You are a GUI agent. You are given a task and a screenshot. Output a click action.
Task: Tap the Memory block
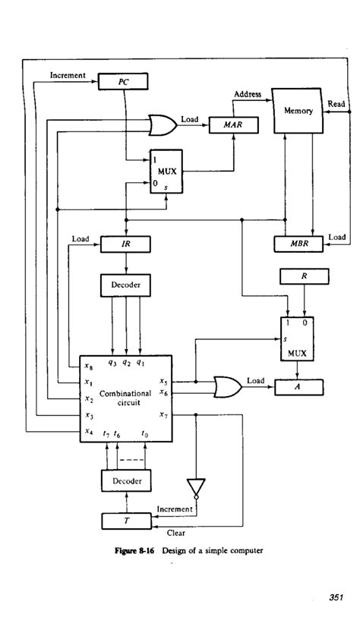[x=298, y=111]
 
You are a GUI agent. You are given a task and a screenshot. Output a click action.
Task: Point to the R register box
[x=303, y=278]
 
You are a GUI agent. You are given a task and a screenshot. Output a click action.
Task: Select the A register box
[x=298, y=387]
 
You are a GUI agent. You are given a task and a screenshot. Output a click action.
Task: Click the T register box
[x=125, y=521]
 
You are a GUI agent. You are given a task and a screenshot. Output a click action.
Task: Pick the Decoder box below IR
[x=125, y=285]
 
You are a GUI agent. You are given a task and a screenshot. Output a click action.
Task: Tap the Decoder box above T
[x=125, y=480]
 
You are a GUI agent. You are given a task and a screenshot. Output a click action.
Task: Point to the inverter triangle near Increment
[x=197, y=484]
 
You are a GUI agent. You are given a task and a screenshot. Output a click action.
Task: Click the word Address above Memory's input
[x=247, y=95]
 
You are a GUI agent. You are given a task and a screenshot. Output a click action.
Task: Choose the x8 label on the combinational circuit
[x=90, y=366]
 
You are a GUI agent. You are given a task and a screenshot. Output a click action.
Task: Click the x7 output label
[x=164, y=414]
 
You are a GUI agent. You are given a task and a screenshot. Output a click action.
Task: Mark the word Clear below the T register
[x=176, y=533]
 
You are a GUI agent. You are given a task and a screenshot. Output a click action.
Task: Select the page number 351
[x=337, y=598]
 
